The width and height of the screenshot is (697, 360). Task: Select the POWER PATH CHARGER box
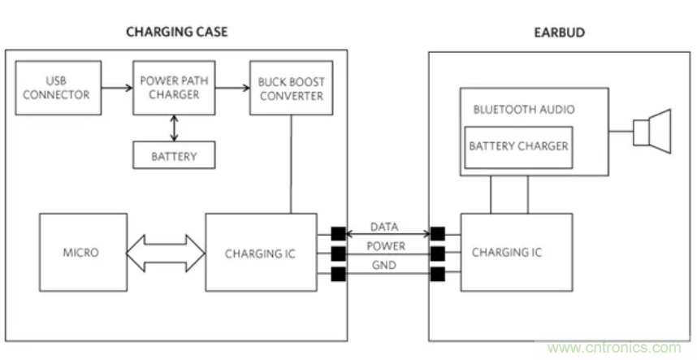click(171, 88)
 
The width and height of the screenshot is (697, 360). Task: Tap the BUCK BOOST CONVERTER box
click(290, 89)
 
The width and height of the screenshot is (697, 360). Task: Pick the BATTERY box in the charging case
click(174, 154)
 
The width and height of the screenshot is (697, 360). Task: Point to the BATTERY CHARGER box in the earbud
click(517, 147)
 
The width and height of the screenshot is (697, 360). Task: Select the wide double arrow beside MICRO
click(166, 253)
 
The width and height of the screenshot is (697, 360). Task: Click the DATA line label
click(383, 228)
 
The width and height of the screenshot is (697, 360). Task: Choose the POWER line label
click(385, 246)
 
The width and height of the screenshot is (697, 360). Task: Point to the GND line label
click(383, 266)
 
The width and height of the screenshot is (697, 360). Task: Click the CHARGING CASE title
click(176, 33)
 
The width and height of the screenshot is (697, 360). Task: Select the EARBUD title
click(561, 33)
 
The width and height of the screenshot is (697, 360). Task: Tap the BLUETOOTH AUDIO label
click(517, 109)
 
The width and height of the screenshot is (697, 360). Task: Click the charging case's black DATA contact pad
click(337, 234)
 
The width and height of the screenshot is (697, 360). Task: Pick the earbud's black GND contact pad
click(437, 273)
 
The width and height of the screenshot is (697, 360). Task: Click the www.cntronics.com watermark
click(621, 348)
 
